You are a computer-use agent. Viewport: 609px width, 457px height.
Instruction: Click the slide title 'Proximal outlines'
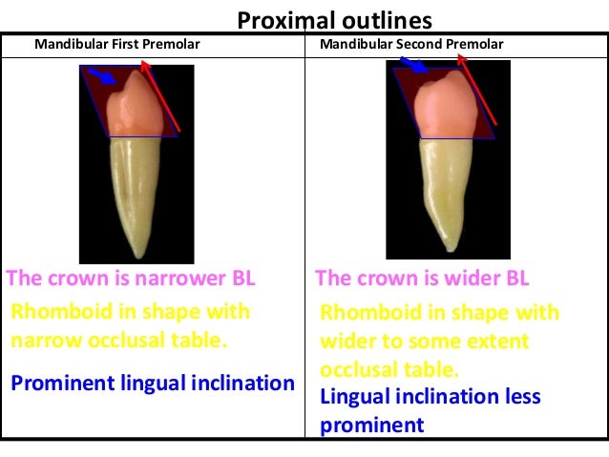[334, 20]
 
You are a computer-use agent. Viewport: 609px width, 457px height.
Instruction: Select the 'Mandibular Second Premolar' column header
[412, 45]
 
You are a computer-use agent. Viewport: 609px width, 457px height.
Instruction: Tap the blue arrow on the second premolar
[414, 64]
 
